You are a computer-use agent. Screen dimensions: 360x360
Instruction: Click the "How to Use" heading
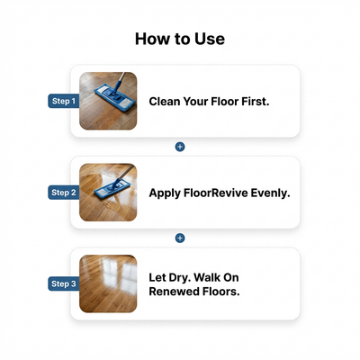(180, 39)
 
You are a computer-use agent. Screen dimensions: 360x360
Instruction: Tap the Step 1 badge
(63, 101)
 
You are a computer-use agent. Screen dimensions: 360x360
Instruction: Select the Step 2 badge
(63, 193)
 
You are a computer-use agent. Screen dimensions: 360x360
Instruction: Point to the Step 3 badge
(63, 284)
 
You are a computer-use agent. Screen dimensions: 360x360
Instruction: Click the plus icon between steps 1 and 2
(180, 146)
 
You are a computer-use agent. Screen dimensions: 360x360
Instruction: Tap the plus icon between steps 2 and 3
(180, 238)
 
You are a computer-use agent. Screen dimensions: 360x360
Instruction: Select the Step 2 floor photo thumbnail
(108, 193)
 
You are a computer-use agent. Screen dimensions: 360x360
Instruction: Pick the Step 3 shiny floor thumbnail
(108, 284)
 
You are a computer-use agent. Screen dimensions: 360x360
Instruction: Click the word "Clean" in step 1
(166, 101)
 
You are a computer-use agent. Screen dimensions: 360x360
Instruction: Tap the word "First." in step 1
(254, 101)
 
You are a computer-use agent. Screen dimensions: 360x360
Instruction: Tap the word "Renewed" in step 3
(176, 292)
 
